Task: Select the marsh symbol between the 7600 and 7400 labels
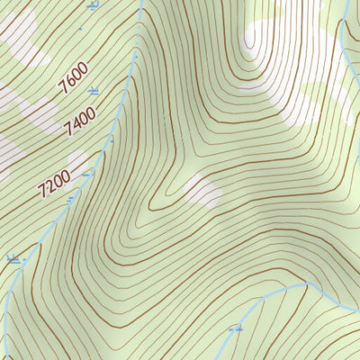coord(94,91)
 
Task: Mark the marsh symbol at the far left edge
coord(13,259)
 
